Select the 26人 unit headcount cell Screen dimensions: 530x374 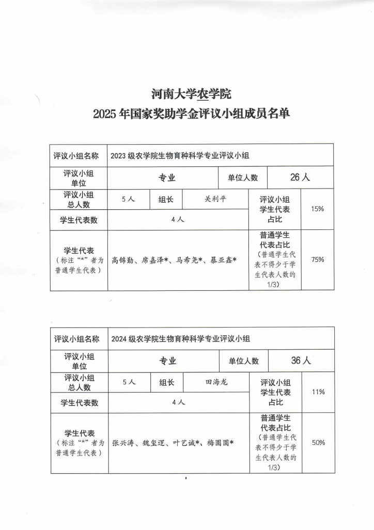click(300, 178)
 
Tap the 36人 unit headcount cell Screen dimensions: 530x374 click(301, 361)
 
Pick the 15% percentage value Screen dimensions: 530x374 click(317, 209)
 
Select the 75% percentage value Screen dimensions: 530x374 click(317, 260)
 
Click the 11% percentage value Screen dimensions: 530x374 click(318, 392)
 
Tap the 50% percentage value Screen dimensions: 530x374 click(318, 443)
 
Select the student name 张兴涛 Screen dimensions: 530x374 click(123, 443)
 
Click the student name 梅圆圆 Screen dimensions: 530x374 click(218, 443)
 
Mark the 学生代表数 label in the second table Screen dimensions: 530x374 click(80, 403)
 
